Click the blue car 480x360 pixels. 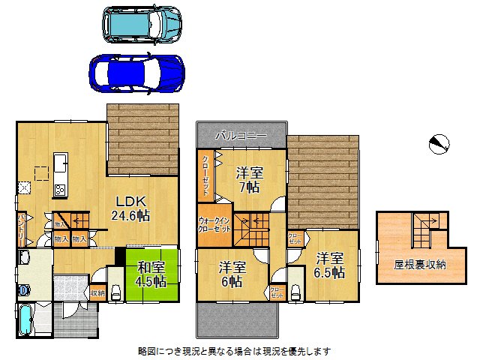click(x=136, y=72)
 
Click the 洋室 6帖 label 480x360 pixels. click(x=233, y=274)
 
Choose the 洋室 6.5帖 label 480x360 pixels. click(x=328, y=264)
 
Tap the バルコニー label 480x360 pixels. click(x=240, y=136)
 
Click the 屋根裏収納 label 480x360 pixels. click(x=420, y=264)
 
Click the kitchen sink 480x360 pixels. click(x=60, y=163)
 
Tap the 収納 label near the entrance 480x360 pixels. click(x=97, y=293)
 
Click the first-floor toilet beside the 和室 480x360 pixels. click(x=115, y=293)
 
